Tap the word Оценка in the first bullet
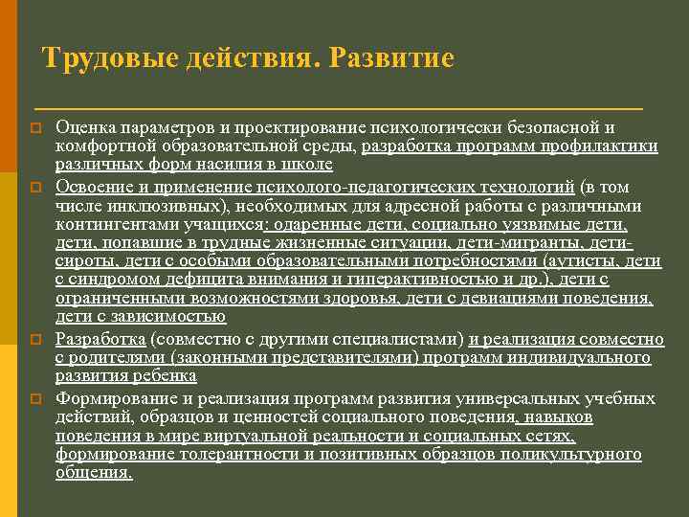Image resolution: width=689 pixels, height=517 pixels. coord(85,127)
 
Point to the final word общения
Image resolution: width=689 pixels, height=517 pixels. coord(94,473)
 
